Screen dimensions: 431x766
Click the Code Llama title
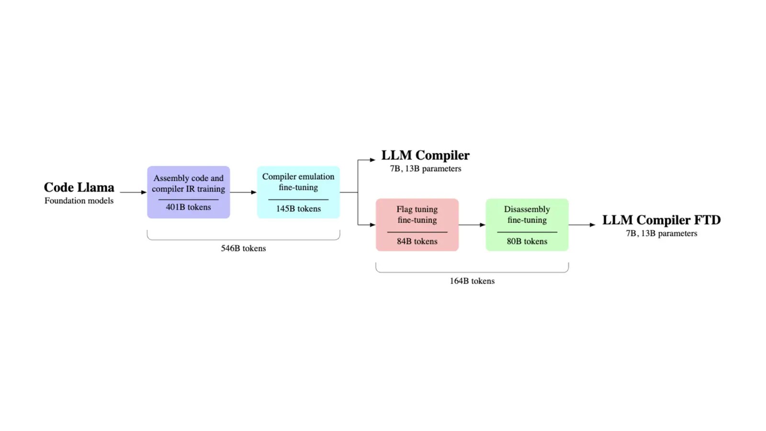pyautogui.click(x=79, y=187)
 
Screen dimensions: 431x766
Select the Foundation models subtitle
pyautogui.click(x=79, y=201)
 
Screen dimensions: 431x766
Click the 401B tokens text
pyautogui.click(x=188, y=207)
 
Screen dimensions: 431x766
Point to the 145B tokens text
pyautogui.click(x=298, y=209)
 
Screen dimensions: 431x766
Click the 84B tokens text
pyautogui.click(x=417, y=241)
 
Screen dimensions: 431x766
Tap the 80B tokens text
pyautogui.click(x=527, y=241)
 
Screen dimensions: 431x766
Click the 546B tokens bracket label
pyautogui.click(x=243, y=249)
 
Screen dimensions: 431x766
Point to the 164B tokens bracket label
pyautogui.click(x=472, y=281)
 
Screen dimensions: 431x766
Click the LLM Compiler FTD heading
pyautogui.click(x=661, y=220)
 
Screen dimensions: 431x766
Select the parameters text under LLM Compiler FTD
pyautogui.click(x=661, y=234)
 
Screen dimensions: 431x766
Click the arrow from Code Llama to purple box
pyautogui.click(x=133, y=192)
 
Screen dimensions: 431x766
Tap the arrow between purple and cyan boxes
pyautogui.click(x=243, y=192)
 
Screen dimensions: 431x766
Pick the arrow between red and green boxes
pyautogui.click(x=472, y=225)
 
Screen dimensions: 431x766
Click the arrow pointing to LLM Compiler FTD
pyautogui.click(x=582, y=225)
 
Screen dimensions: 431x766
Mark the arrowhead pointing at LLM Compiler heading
pyautogui.click(x=372, y=160)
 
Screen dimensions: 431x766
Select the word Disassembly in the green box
pyautogui.click(x=527, y=209)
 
